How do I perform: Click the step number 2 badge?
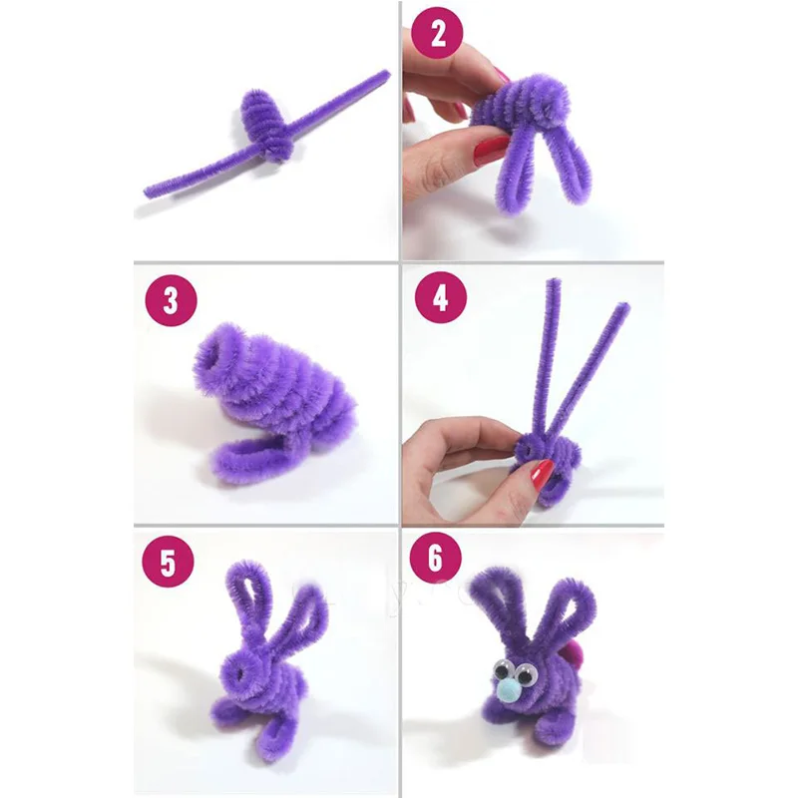(438, 34)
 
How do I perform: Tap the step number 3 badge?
(170, 301)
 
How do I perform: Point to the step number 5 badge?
(168, 563)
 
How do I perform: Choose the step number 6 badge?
(436, 559)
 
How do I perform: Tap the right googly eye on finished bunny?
(525, 675)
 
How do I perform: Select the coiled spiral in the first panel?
(265, 125)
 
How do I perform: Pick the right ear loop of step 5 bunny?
(303, 617)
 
